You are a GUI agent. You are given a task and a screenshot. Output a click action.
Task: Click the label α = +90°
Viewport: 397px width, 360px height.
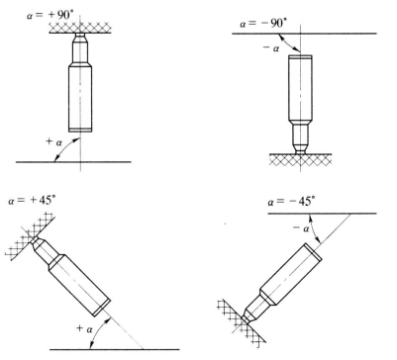click(50, 15)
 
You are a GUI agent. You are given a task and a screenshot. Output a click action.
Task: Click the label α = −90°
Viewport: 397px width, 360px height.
click(263, 24)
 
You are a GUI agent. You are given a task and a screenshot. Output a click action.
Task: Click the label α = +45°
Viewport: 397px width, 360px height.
click(32, 201)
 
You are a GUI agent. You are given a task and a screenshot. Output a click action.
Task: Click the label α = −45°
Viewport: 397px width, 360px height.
click(291, 201)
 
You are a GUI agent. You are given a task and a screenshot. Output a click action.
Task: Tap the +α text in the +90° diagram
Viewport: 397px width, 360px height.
click(53, 142)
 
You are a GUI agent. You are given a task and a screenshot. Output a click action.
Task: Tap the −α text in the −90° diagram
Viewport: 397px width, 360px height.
click(271, 48)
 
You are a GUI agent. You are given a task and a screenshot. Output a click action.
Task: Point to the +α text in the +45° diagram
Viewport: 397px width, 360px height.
click(84, 328)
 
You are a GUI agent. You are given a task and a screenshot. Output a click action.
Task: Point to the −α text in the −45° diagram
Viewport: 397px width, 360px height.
click(301, 227)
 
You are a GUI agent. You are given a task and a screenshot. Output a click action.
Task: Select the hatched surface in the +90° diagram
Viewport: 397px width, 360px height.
click(79, 28)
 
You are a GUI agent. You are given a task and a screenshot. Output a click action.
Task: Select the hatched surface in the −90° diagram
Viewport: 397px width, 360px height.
click(300, 159)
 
